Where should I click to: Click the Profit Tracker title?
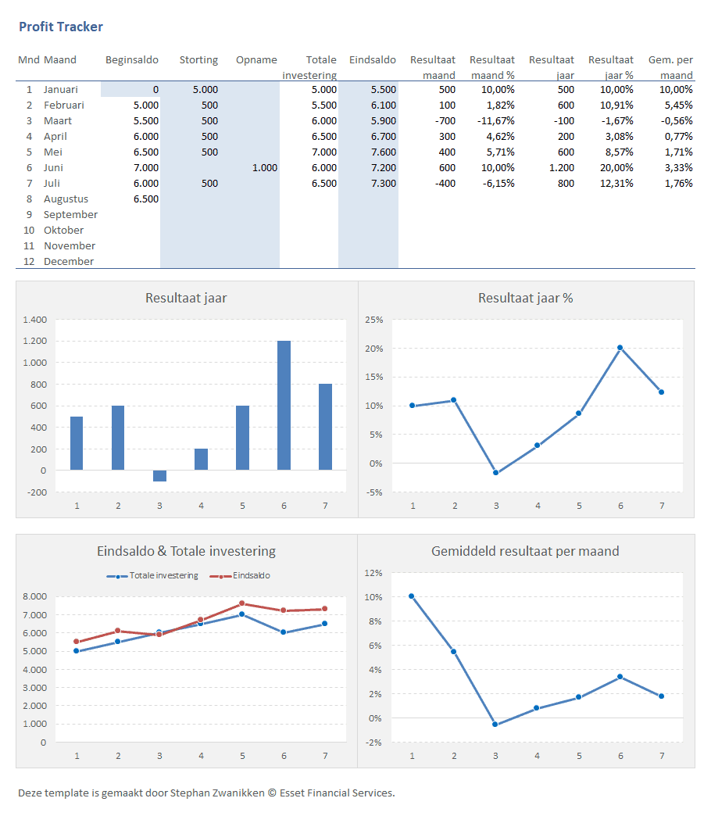pyautogui.click(x=60, y=27)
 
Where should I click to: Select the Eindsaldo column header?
pyautogui.click(x=372, y=60)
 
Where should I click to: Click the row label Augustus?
pyautogui.click(x=66, y=199)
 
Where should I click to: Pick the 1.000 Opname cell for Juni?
pyautogui.click(x=264, y=168)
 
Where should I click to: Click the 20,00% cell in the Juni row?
pyautogui.click(x=616, y=168)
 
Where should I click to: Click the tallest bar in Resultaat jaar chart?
pyautogui.click(x=284, y=405)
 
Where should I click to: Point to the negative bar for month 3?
pyautogui.click(x=159, y=475)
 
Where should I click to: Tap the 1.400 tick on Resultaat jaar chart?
pyautogui.click(x=35, y=320)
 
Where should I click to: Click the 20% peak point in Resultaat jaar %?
pyautogui.click(x=620, y=348)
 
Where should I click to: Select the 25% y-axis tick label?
pyautogui.click(x=373, y=320)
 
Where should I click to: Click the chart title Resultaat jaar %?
pyautogui.click(x=525, y=298)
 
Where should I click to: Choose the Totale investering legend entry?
pyautogui.click(x=153, y=576)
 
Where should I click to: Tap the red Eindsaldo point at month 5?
pyautogui.click(x=242, y=603)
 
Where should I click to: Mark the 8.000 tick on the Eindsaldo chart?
pyautogui.click(x=35, y=596)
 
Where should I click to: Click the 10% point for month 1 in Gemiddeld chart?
pyautogui.click(x=412, y=596)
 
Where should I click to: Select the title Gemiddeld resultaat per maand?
pyautogui.click(x=525, y=551)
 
